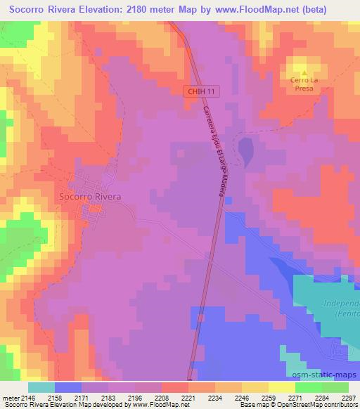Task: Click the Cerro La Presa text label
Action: (304, 84)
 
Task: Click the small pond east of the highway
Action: (245, 150)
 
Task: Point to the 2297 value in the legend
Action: (340, 397)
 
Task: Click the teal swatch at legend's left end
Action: (41, 387)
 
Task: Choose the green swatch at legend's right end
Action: (335, 387)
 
